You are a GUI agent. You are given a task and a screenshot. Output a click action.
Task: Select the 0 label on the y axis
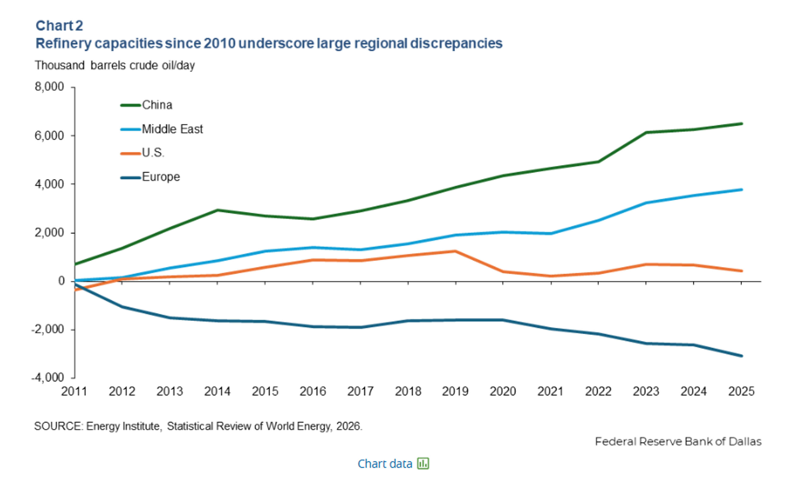tap(61, 281)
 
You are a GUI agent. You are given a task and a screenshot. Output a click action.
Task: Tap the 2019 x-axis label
tap(455, 391)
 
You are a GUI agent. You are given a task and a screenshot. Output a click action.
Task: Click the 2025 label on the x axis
tap(741, 391)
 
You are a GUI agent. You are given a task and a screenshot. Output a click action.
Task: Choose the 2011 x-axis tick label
tap(74, 391)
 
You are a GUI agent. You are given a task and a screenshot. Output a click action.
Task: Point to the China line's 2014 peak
tap(217, 210)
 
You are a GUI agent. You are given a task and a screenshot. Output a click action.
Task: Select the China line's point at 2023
tap(646, 132)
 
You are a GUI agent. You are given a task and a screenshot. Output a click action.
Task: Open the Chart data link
tap(385, 464)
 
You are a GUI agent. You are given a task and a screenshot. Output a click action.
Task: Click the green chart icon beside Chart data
tap(423, 463)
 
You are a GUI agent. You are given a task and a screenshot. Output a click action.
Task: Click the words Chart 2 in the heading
tap(59, 26)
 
